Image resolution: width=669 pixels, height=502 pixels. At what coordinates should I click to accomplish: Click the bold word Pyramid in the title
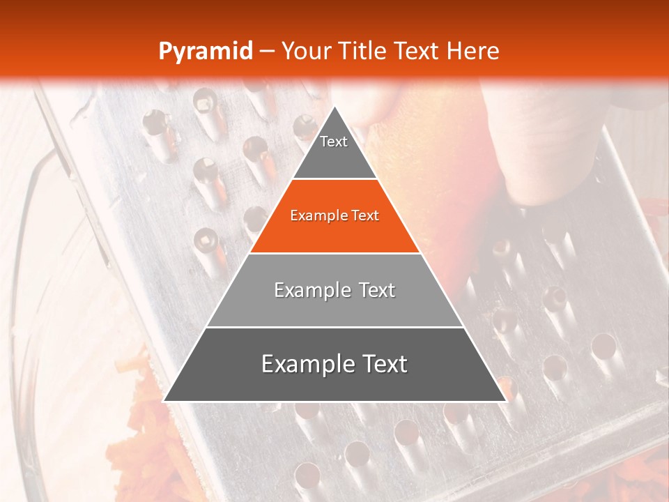pyautogui.click(x=205, y=52)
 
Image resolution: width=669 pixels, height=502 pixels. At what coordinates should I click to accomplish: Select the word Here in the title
pyautogui.click(x=473, y=52)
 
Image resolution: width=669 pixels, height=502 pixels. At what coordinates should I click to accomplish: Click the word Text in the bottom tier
pyautogui.click(x=380, y=364)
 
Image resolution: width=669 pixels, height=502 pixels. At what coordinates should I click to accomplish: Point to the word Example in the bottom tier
pyautogui.click(x=304, y=364)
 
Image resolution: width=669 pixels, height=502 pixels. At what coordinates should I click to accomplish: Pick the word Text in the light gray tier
pyautogui.click(x=374, y=290)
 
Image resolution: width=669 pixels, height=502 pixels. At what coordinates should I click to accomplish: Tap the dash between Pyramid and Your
pyautogui.click(x=267, y=52)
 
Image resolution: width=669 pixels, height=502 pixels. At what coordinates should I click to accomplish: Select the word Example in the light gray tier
pyautogui.click(x=309, y=290)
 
